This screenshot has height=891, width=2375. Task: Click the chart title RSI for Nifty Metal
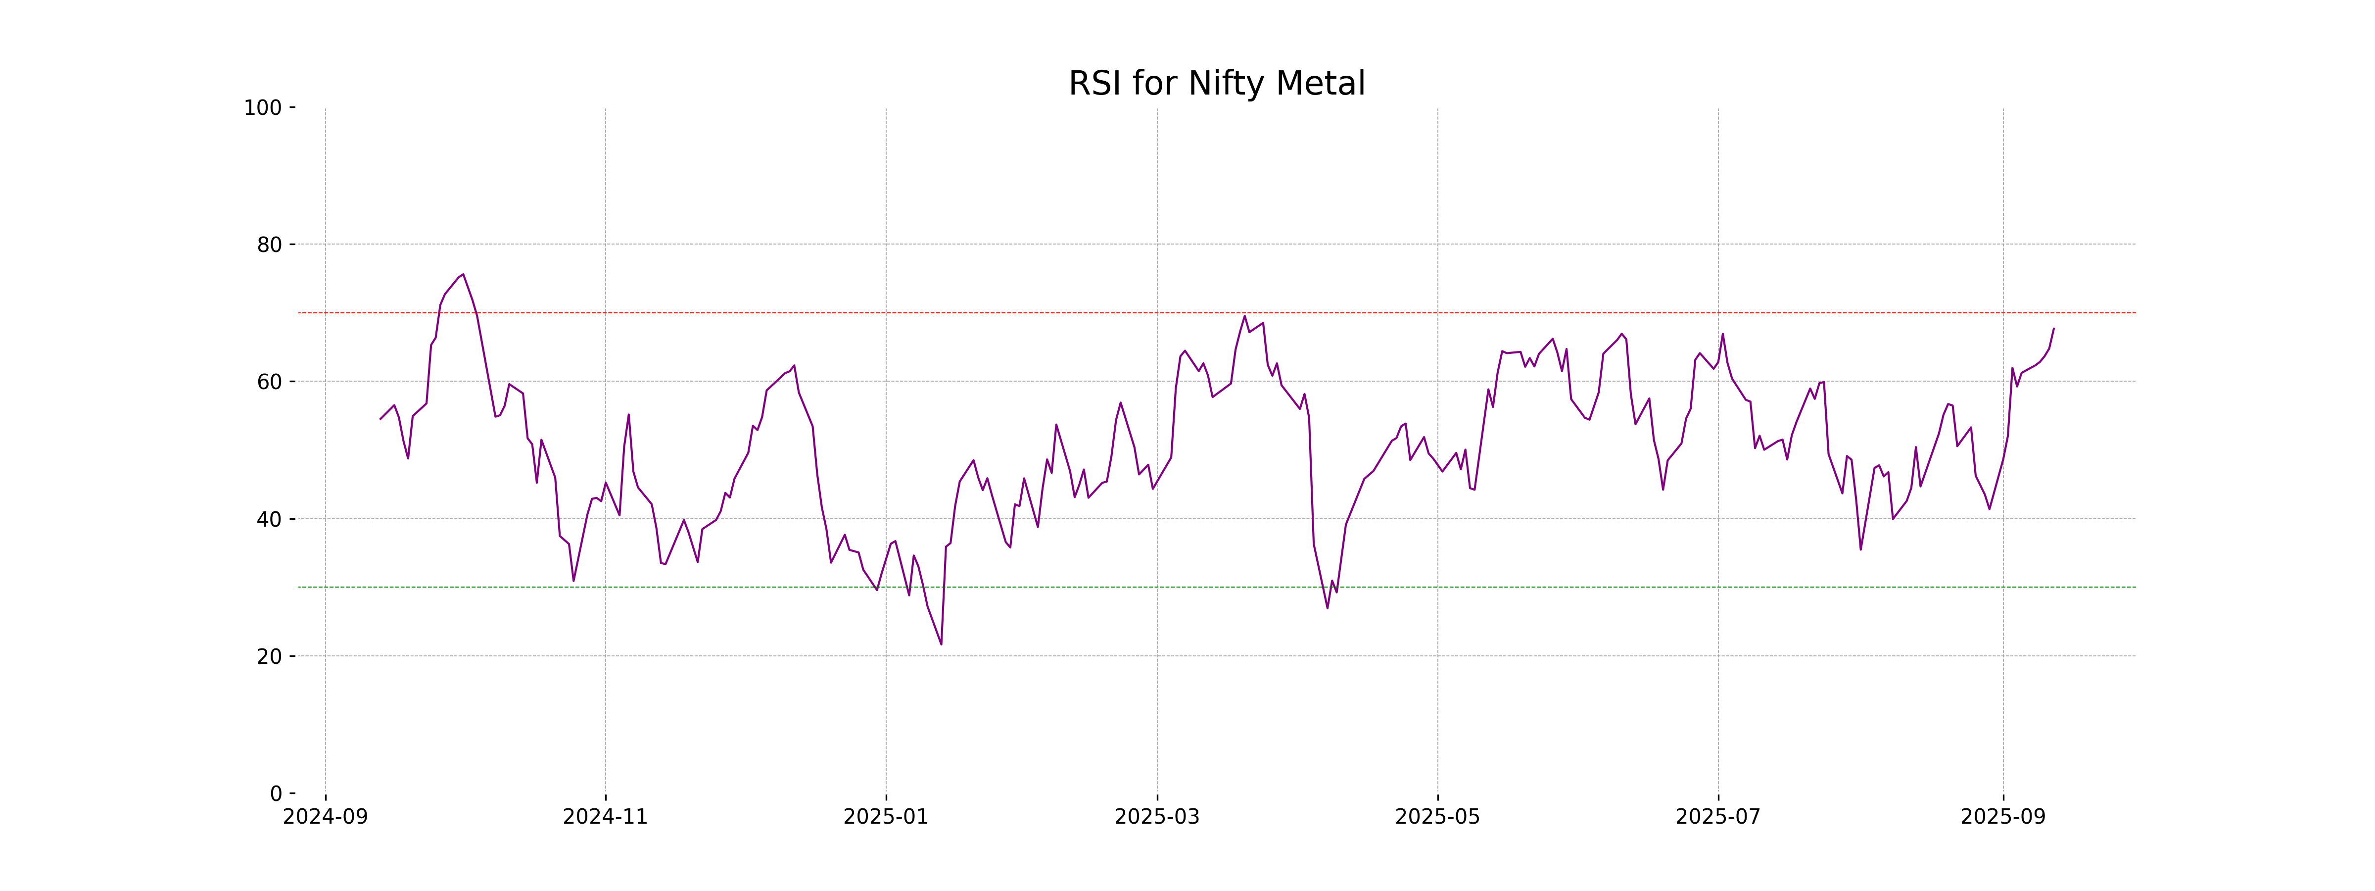pos(1216,84)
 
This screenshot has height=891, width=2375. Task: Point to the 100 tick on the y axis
pos(263,108)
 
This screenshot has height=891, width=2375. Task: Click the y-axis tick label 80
pos(269,246)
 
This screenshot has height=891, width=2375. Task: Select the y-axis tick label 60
pos(269,382)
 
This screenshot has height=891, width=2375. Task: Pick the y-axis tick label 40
pos(269,519)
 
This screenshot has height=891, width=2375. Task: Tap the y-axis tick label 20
pos(269,657)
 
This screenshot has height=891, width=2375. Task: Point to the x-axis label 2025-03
pos(1157,817)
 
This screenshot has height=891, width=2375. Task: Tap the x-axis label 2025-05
pos(1437,817)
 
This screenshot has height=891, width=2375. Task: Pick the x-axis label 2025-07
pos(1717,817)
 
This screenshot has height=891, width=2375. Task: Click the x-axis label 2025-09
pos(2002,817)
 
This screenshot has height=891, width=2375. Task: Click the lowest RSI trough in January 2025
pos(941,644)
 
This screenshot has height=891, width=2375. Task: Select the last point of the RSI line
pos(2053,328)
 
